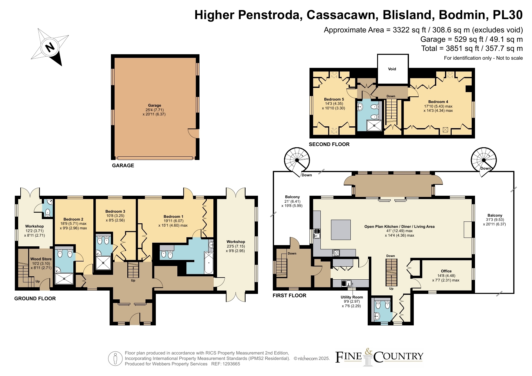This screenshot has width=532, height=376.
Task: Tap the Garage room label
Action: [x=155, y=105]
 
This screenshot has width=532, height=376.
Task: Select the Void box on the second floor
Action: [x=393, y=69]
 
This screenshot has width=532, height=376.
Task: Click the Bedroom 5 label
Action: [x=334, y=99]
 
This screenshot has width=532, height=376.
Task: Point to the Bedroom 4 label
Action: [x=438, y=102]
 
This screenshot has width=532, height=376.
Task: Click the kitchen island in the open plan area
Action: [x=341, y=230]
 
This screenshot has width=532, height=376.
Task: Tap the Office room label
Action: [x=446, y=271]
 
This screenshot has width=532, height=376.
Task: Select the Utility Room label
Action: [x=352, y=297]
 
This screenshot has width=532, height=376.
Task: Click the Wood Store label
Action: [x=41, y=259]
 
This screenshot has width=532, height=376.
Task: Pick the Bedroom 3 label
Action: [x=115, y=211]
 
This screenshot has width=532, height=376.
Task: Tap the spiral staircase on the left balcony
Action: [x=297, y=161]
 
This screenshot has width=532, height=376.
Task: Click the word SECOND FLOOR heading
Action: [x=329, y=145]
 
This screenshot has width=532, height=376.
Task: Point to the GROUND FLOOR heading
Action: [x=35, y=298]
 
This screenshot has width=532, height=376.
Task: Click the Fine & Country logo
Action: [x=379, y=357]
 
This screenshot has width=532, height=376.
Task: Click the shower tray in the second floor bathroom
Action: [x=374, y=125]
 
